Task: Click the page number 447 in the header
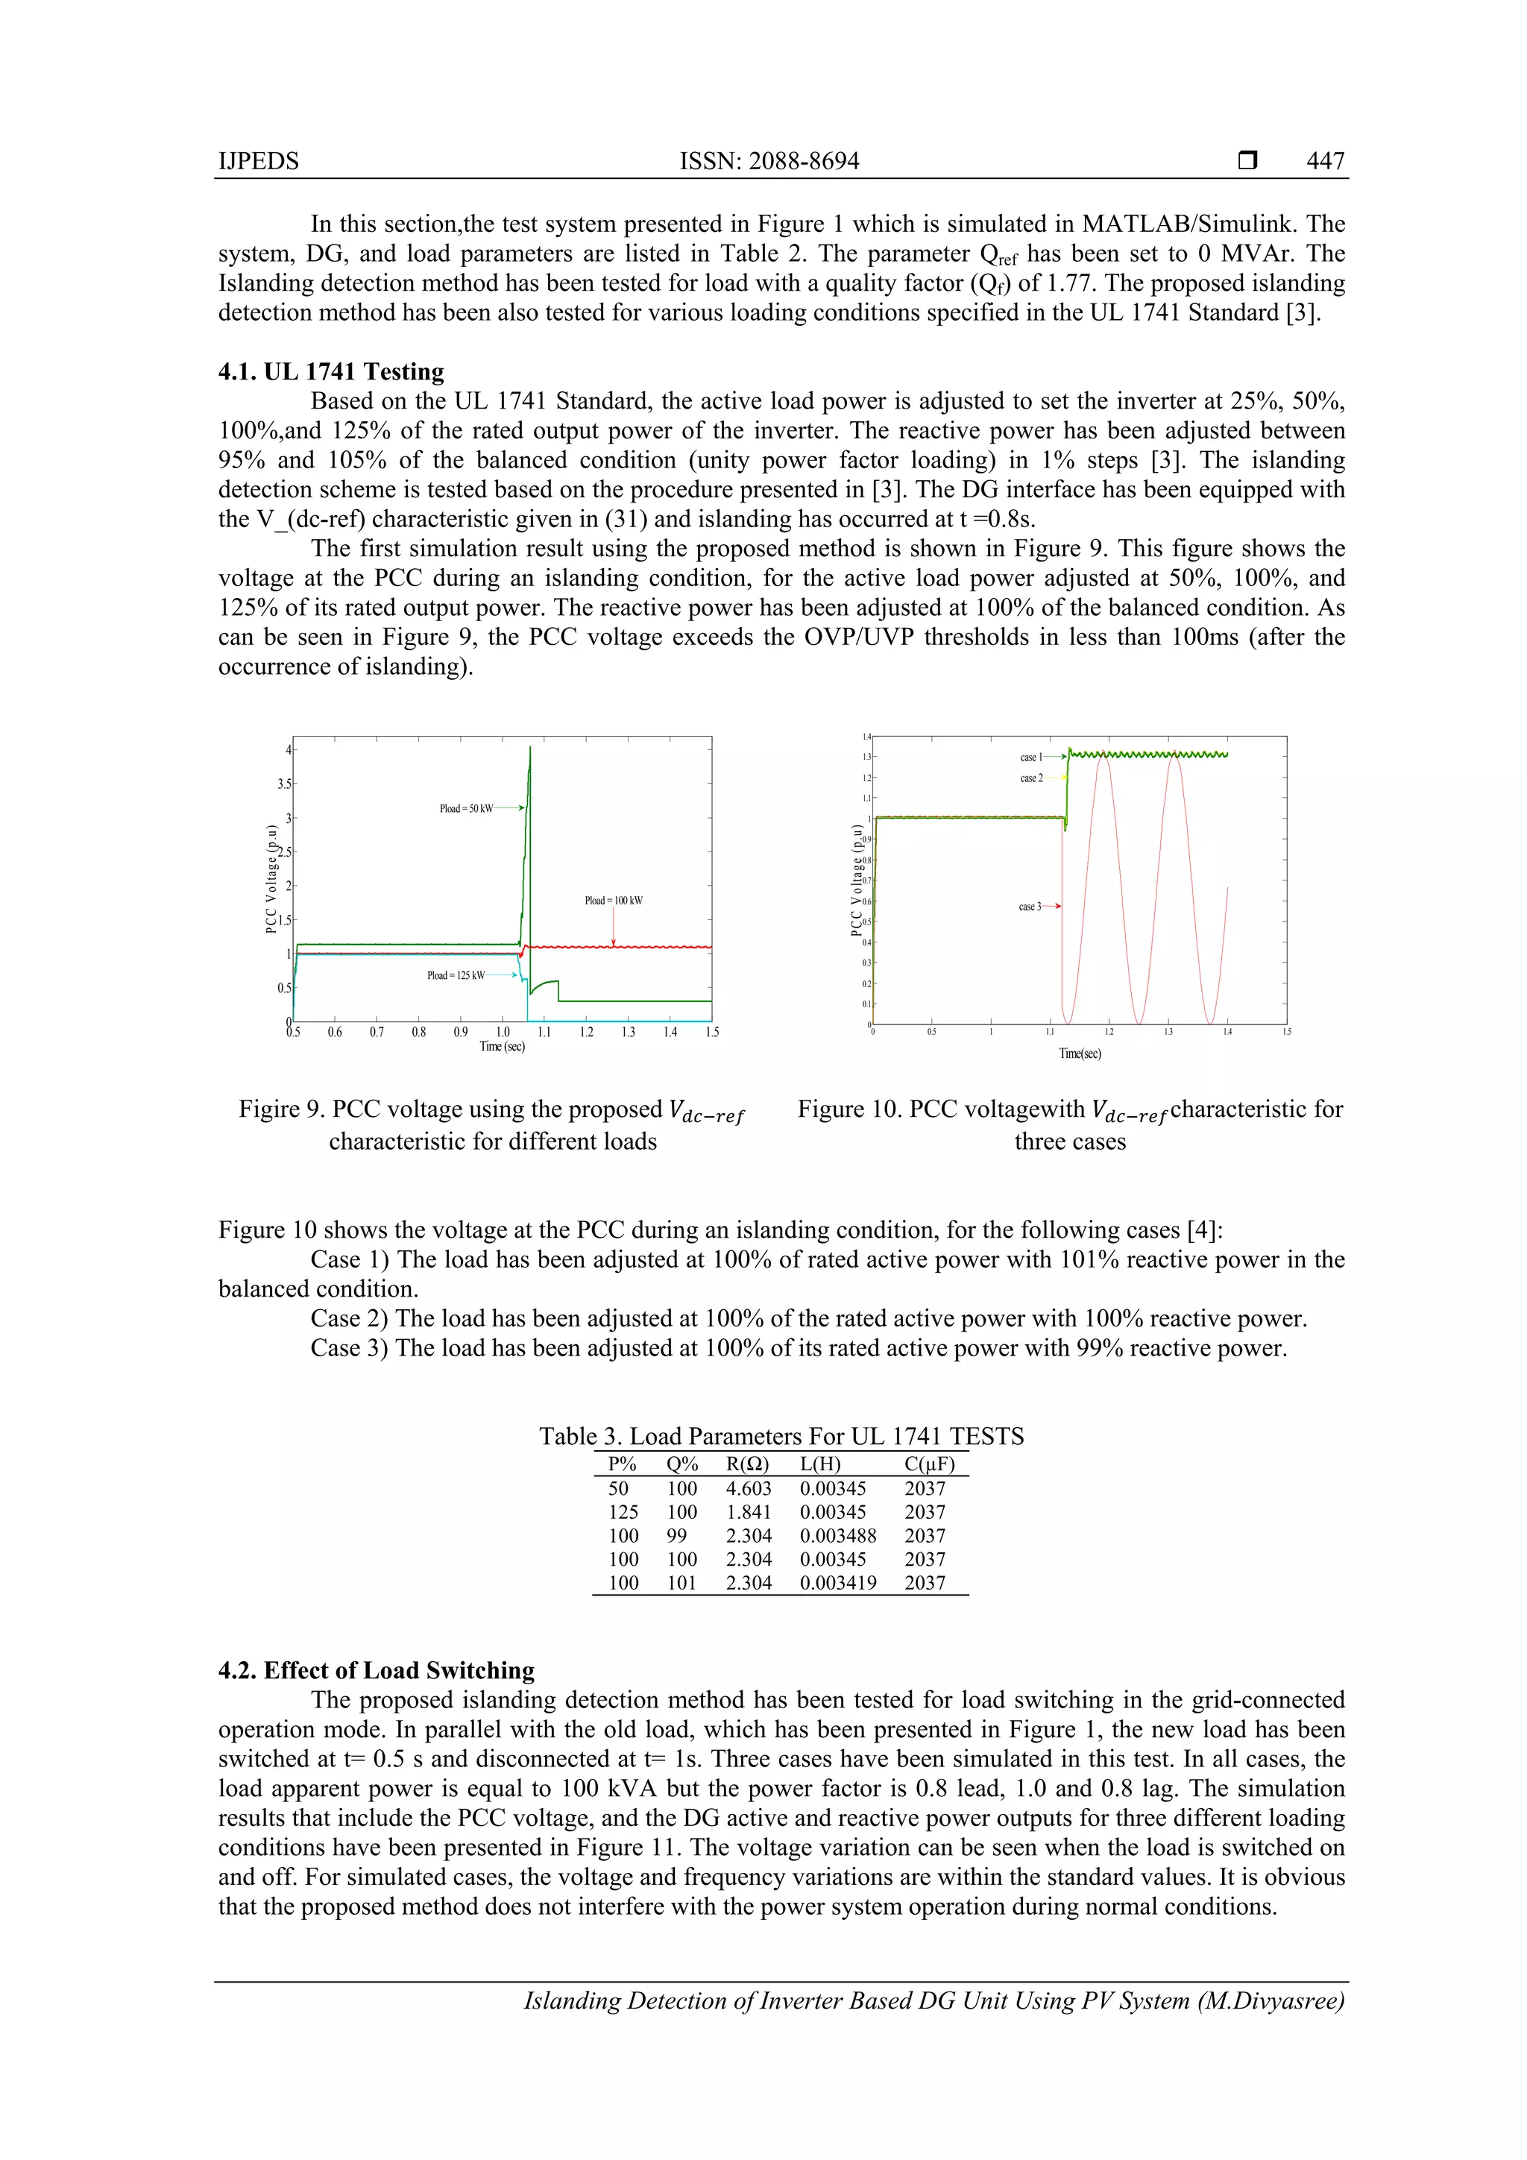pos(1325,161)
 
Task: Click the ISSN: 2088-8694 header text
pos(769,161)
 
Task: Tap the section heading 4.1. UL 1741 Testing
pos(331,371)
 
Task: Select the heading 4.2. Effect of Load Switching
pos(377,1670)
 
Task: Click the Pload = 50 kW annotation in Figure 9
pos(466,808)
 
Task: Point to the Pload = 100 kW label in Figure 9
pos(614,901)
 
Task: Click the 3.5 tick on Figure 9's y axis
pos(283,784)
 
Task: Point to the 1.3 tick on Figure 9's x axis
pos(628,1032)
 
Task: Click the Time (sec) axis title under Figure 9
pos(503,1046)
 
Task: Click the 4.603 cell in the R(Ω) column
pos(748,1488)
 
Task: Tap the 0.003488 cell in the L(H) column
pos(837,1535)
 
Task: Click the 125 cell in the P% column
pos(623,1512)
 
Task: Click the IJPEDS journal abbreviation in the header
pos(259,161)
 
